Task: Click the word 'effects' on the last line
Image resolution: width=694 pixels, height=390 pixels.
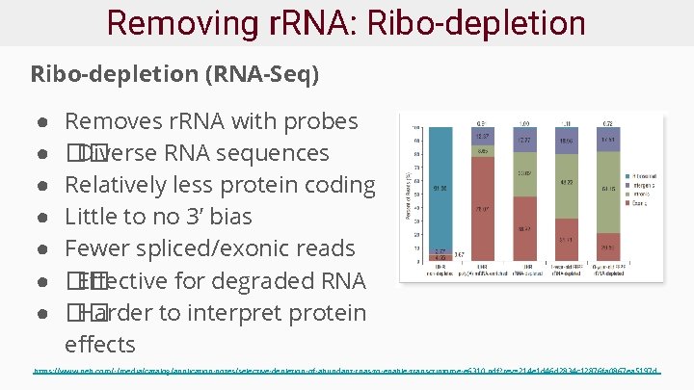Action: click(x=100, y=344)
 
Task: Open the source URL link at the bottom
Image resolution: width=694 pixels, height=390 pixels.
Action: click(x=346, y=370)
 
